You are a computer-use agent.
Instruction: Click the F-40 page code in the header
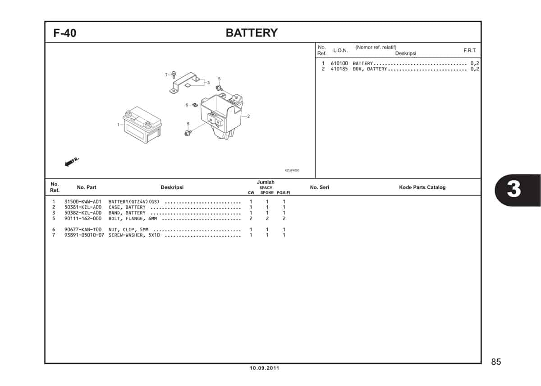[65, 33]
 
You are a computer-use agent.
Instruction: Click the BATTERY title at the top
[252, 33]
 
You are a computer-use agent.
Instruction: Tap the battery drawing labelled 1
[142, 125]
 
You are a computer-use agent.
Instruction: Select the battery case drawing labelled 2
[222, 116]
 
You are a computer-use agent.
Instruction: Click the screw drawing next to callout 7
[174, 75]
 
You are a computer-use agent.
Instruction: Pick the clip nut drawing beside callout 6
[195, 105]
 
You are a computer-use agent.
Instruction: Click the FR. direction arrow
[72, 162]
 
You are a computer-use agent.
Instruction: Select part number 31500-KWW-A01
[83, 202]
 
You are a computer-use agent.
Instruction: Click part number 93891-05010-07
[84, 235]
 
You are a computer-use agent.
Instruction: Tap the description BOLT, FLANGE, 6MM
[133, 219]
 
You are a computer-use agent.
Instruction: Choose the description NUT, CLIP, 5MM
[128, 229]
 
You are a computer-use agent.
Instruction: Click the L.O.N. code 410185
[339, 69]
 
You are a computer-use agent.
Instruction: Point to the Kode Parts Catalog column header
[422, 187]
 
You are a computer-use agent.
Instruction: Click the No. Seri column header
[320, 187]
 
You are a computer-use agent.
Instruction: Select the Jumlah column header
[266, 182]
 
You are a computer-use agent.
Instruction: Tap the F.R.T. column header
[470, 50]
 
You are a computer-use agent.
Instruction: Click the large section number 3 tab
[514, 190]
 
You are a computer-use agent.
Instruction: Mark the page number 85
[496, 362]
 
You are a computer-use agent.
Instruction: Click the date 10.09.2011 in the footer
[265, 368]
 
